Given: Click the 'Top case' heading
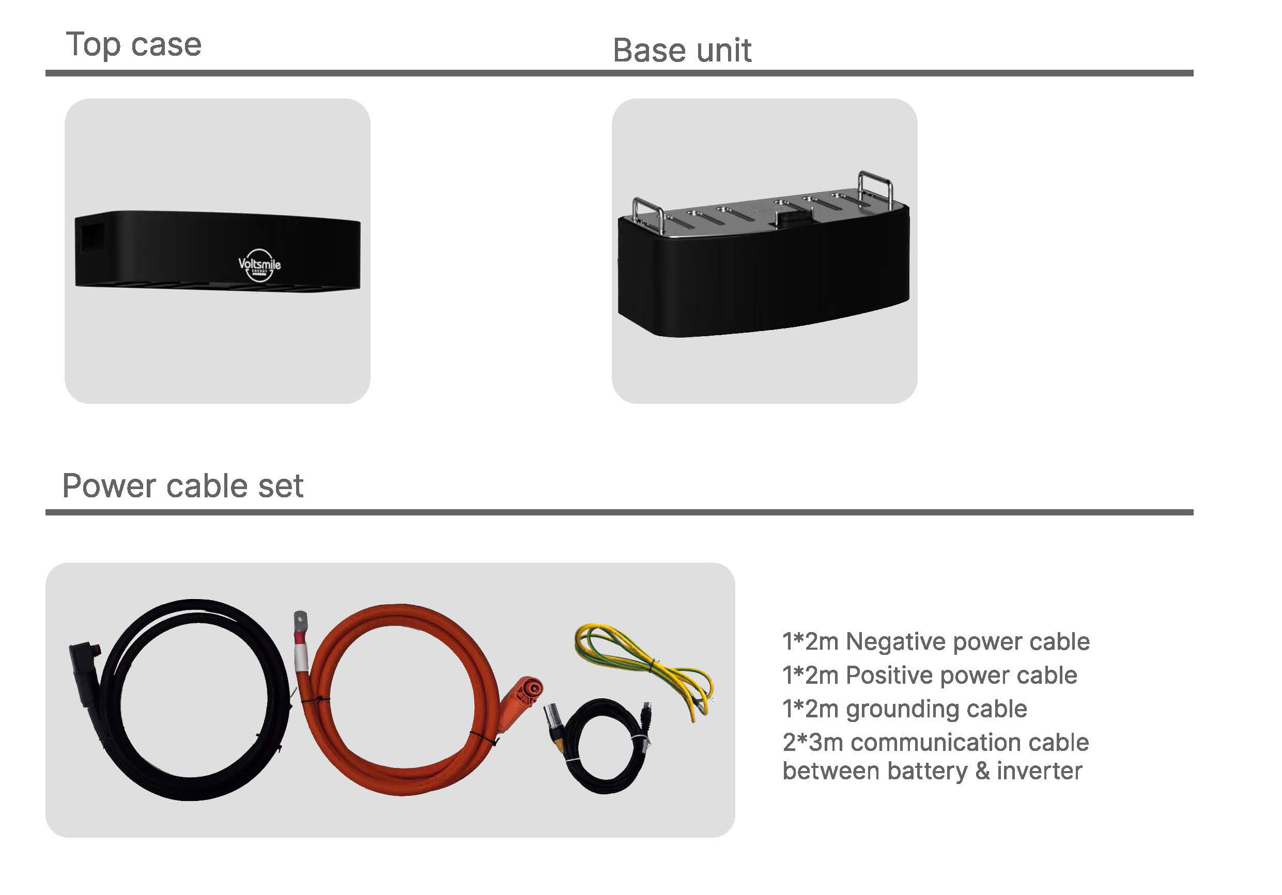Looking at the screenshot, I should click(133, 44).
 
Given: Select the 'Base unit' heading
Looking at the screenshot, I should click(682, 50).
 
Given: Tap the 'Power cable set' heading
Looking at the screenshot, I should click(182, 485).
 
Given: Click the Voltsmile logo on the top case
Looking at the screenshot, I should click(259, 265).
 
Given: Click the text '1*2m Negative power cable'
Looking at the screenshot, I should click(936, 641).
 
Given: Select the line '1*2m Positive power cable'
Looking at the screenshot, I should click(930, 675).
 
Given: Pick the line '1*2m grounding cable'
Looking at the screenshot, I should click(905, 709).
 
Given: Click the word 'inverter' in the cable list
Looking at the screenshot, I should click(1039, 771).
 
